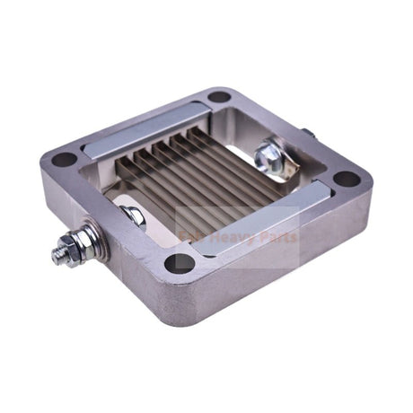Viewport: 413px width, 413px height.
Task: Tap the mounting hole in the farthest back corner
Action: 219,96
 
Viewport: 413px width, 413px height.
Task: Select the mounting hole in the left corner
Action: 64,159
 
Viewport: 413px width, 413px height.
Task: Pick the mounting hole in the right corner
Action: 347,178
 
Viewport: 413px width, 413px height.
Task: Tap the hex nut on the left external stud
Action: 71,244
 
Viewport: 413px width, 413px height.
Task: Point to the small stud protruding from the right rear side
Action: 308,134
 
